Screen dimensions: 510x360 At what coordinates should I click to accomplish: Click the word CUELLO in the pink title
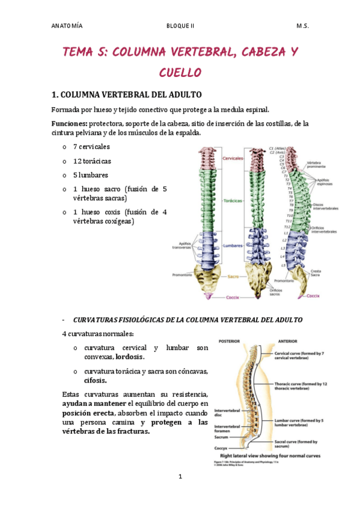pos(180,73)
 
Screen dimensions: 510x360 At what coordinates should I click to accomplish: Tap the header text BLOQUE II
pos(181,26)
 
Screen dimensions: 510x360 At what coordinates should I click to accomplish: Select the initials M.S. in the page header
pos(302,26)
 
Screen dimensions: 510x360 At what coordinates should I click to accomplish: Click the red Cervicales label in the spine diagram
pos(233,158)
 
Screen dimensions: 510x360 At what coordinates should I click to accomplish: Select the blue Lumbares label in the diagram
pos(232,246)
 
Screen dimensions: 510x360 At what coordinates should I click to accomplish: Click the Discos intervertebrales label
pos(325,206)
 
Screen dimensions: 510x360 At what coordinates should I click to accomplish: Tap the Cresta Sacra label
pos(319,273)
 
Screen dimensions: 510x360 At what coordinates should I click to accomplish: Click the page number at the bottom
pos(180,477)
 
